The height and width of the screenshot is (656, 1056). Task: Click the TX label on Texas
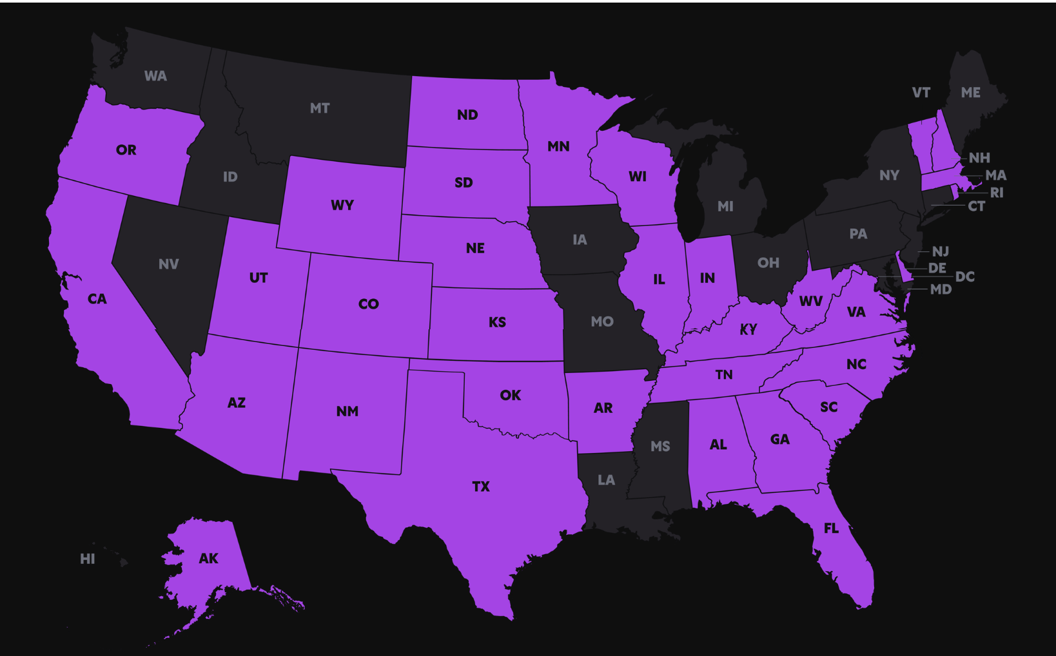click(481, 487)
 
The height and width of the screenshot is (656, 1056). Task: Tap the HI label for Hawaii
click(88, 559)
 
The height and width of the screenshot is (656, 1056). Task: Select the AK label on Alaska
click(208, 559)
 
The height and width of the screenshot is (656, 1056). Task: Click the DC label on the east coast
click(964, 277)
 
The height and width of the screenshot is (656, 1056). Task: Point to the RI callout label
click(996, 193)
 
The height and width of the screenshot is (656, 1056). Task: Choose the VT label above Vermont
click(921, 93)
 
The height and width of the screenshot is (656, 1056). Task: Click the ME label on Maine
click(970, 93)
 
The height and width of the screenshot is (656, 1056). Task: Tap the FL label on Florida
click(831, 528)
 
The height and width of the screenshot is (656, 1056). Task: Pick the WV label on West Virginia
click(810, 301)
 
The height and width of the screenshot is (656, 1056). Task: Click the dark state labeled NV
click(168, 264)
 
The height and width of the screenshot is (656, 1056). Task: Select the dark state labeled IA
click(580, 240)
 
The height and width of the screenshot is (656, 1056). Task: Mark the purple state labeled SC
click(828, 407)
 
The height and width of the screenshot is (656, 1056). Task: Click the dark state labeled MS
click(660, 446)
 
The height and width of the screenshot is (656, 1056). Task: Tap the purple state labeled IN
click(707, 278)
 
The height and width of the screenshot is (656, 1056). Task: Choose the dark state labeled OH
click(768, 263)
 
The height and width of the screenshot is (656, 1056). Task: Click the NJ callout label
click(940, 251)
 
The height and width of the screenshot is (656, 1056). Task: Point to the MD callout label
click(941, 289)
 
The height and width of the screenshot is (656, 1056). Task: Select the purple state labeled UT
click(258, 278)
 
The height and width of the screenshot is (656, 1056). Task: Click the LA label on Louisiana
click(606, 480)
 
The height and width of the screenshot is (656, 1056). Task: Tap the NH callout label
click(979, 158)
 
